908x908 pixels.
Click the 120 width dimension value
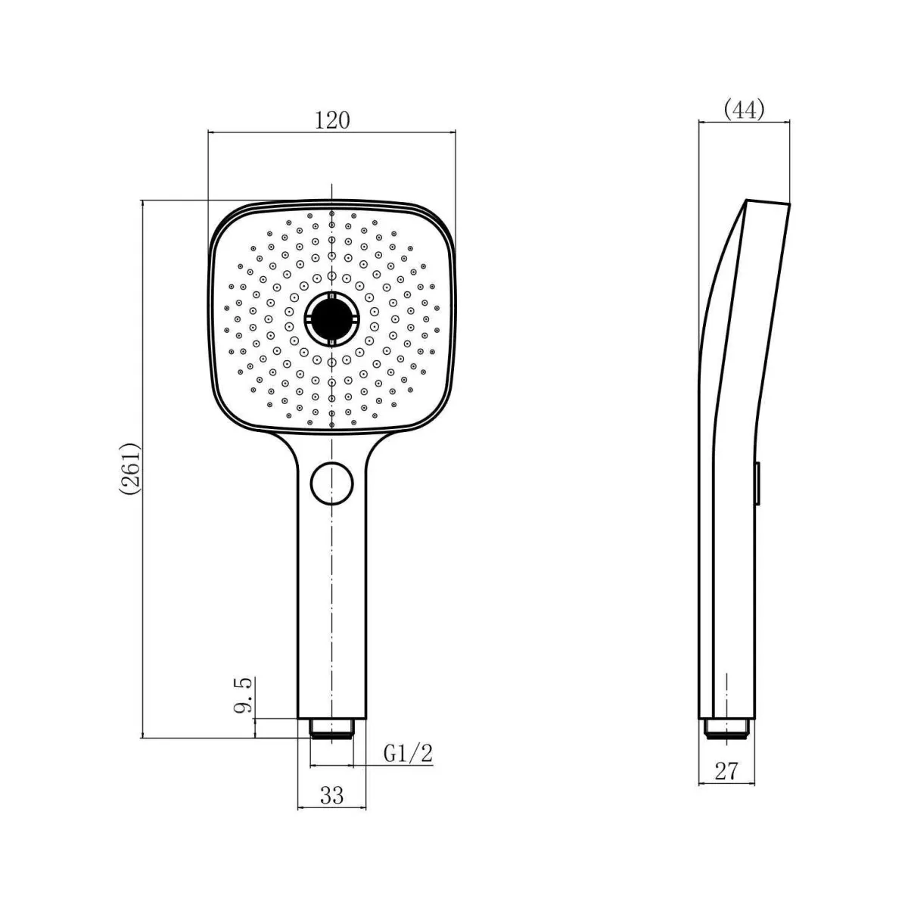331,120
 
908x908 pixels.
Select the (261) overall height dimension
129,468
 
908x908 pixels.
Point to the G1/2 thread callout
408,754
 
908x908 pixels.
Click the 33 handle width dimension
332,795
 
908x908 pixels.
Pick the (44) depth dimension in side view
744,110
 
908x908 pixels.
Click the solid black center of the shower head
331,319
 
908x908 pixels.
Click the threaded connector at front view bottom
331,729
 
